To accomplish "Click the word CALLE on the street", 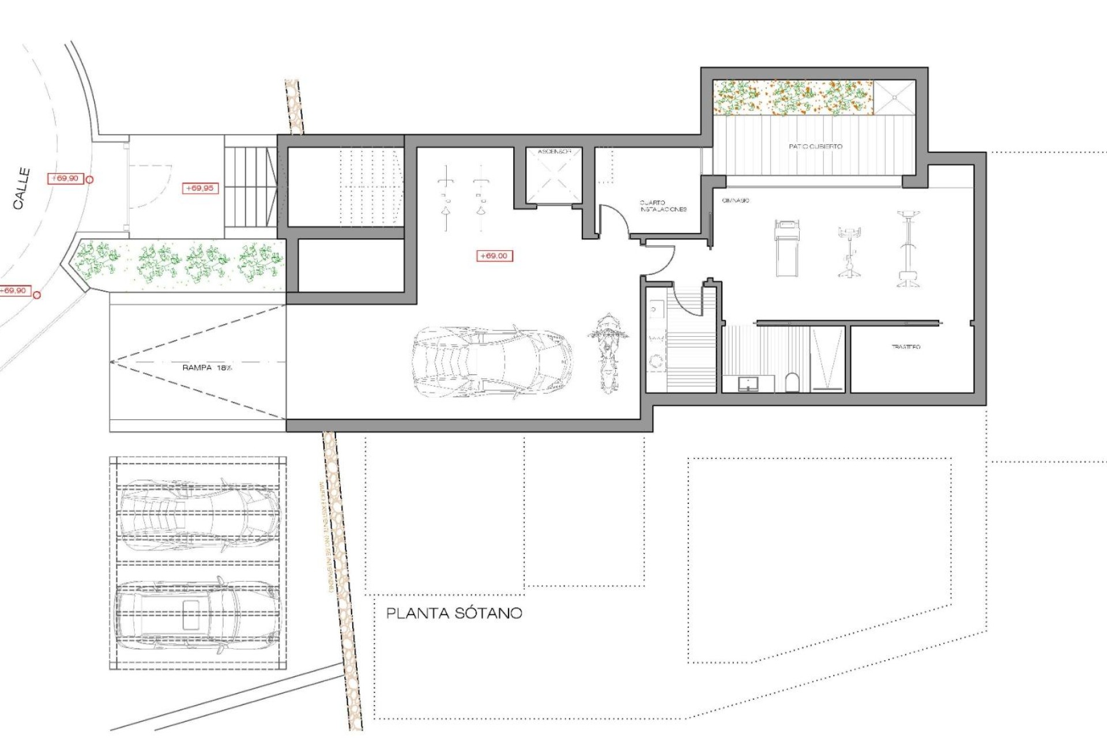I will pos(22,188).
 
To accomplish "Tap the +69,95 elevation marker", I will pos(200,188).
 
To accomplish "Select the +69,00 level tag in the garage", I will pos(494,255).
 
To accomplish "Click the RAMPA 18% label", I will pos(207,367).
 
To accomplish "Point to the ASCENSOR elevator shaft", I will pos(553,175).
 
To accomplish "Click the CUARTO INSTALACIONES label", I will pos(663,206).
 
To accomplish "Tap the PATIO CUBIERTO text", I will pos(815,146).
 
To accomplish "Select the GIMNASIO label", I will pos(736,200).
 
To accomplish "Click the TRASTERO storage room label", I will pos(906,347).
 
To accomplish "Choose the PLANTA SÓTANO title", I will pos(454,613).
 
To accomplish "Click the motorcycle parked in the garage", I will pos(607,352).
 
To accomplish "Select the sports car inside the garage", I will pos(492,362).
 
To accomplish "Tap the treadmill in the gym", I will pos(787,248).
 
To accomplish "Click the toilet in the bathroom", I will pos(793,382).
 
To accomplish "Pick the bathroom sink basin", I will pos(748,383).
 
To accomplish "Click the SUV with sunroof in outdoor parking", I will pos(197,616).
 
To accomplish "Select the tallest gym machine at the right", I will pos(909,249).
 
